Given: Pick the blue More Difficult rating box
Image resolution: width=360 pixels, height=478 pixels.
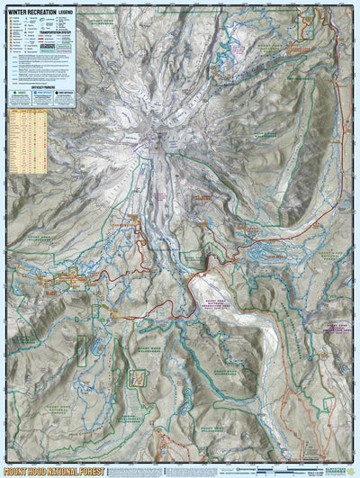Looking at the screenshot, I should coord(39,92).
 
